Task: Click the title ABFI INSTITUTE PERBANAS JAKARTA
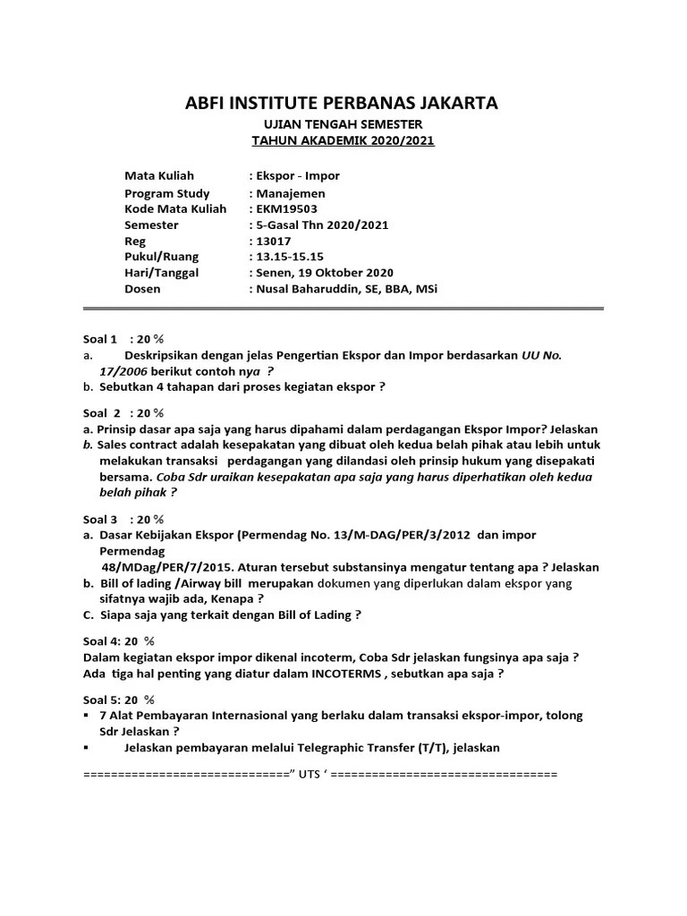pos(343,103)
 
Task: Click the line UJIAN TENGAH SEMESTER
pos(343,124)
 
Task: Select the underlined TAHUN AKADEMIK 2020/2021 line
pos(343,141)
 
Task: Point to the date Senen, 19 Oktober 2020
pos(325,273)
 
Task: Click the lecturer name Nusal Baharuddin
pos(314,289)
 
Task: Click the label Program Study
pos(167,193)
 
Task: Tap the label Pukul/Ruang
pos(162,257)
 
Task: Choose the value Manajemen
pos(291,193)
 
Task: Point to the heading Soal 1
pos(100,339)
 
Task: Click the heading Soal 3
pos(100,519)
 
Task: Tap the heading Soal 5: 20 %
pos(119,700)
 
